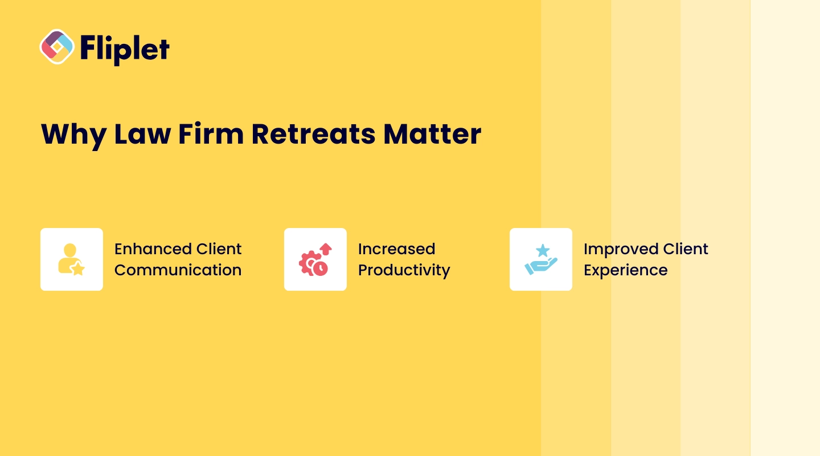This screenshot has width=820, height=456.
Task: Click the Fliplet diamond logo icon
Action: click(x=57, y=47)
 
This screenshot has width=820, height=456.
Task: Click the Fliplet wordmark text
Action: click(x=125, y=49)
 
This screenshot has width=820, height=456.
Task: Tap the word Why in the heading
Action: click(x=74, y=135)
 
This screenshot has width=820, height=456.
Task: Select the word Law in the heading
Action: click(x=142, y=134)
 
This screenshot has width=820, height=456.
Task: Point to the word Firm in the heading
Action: click(x=211, y=133)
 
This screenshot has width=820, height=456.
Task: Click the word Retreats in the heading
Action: click(x=313, y=134)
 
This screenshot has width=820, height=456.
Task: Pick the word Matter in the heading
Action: click(x=432, y=134)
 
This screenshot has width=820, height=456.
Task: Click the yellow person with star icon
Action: click(x=71, y=259)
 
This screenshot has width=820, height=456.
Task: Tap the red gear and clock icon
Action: click(x=315, y=259)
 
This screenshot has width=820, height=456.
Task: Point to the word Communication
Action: click(x=178, y=270)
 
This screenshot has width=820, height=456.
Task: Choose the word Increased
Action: click(x=396, y=249)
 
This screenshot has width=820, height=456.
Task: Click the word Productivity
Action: click(x=404, y=271)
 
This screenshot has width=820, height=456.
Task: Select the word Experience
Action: click(x=626, y=271)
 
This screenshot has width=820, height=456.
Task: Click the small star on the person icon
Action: click(x=77, y=268)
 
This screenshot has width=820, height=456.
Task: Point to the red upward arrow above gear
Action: click(x=326, y=249)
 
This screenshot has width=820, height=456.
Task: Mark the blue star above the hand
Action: click(x=543, y=251)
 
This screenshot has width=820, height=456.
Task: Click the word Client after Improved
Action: click(x=686, y=249)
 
